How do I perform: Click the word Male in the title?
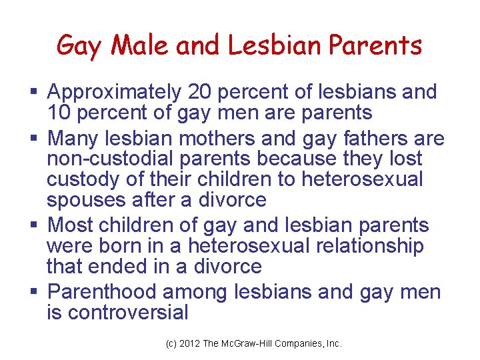coord(134,45)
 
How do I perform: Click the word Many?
coord(75,139)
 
